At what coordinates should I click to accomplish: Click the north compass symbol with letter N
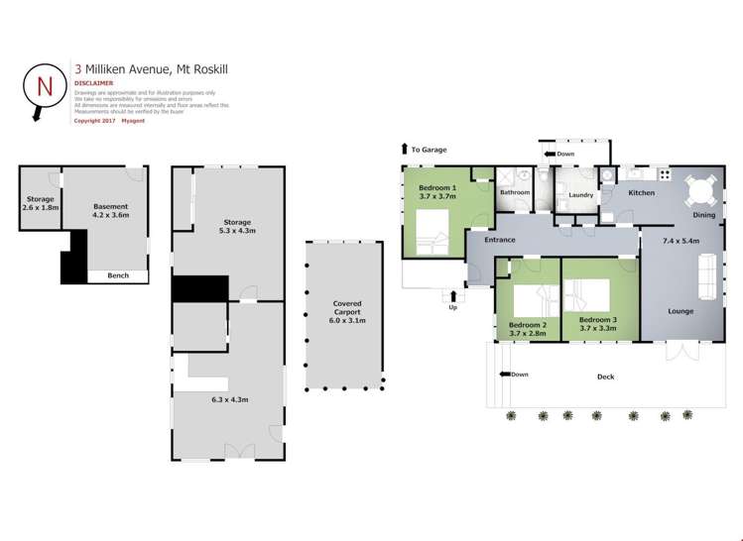click(x=43, y=87)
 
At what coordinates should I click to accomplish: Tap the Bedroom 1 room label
click(x=437, y=187)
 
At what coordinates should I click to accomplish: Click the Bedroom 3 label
click(x=598, y=319)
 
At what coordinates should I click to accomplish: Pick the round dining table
click(x=701, y=190)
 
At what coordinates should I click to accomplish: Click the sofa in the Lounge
click(x=709, y=275)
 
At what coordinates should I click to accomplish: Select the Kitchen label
click(x=641, y=192)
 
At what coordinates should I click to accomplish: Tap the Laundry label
click(x=580, y=195)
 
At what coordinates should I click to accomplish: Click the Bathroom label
click(x=515, y=192)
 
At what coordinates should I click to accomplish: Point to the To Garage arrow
click(x=405, y=150)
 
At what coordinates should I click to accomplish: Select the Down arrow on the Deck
click(x=506, y=375)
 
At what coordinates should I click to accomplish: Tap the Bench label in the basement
click(x=118, y=275)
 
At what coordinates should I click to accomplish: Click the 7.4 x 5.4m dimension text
click(x=681, y=241)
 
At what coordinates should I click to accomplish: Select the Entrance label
click(x=499, y=240)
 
